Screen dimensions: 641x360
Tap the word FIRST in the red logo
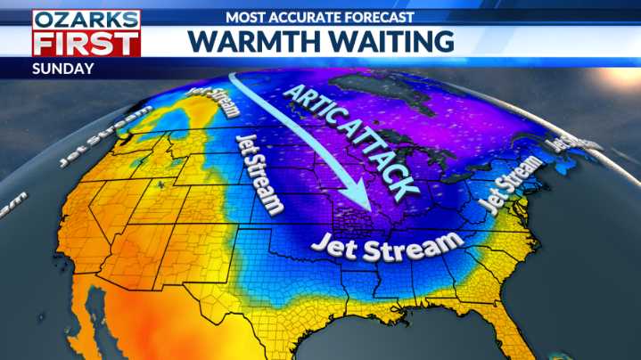(x=86, y=43)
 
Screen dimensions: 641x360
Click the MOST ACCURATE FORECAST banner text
(x=320, y=16)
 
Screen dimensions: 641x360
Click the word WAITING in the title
(x=391, y=41)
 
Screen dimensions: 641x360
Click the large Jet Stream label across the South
(x=388, y=243)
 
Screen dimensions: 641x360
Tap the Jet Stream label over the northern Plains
(x=259, y=175)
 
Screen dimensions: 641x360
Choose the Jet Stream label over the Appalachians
(x=512, y=184)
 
